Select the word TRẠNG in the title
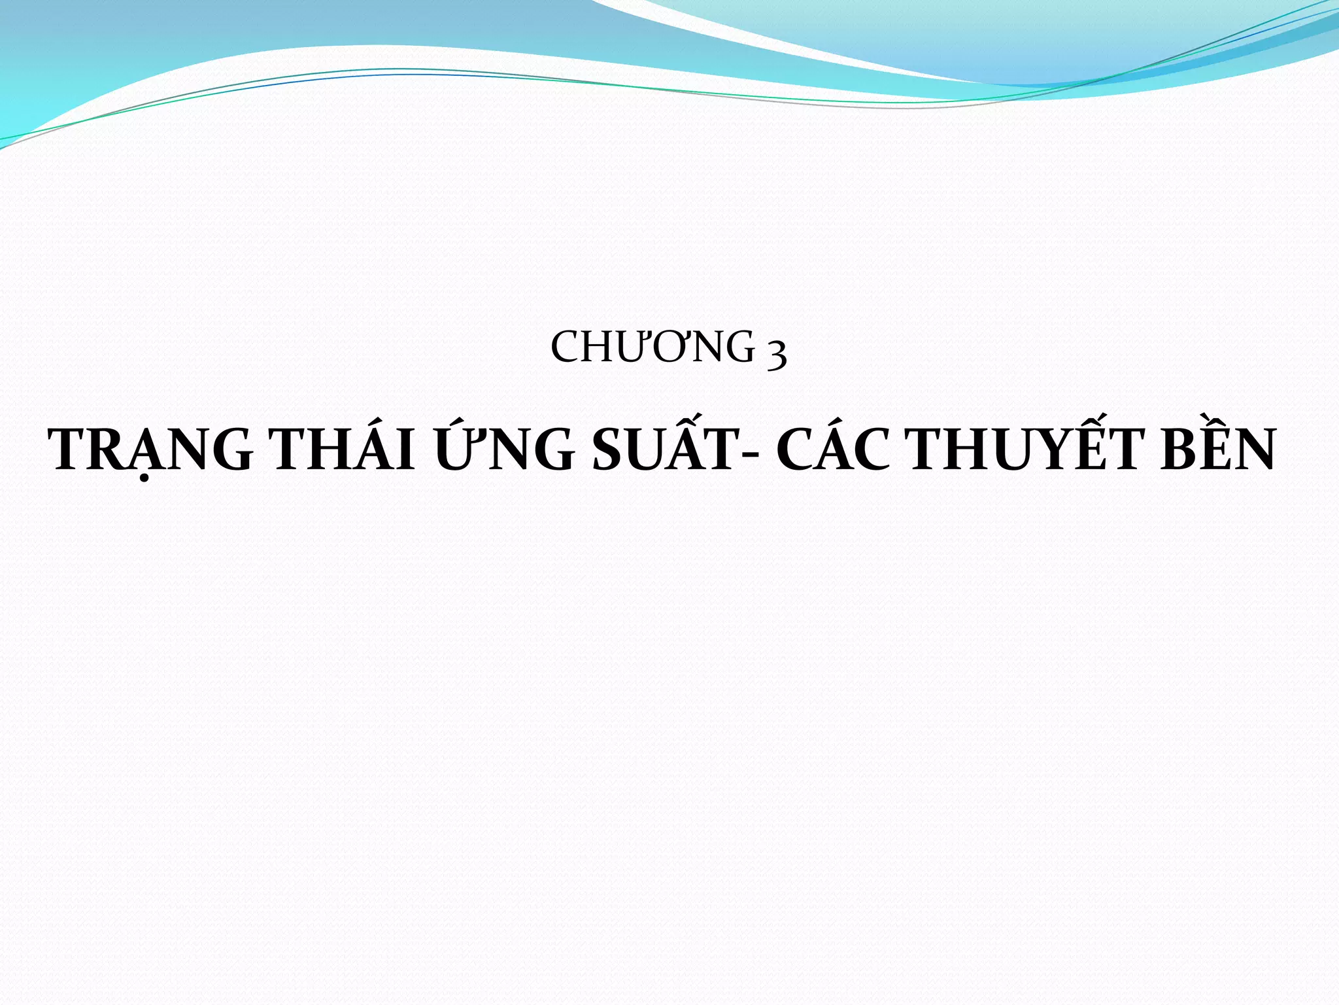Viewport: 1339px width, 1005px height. point(151,450)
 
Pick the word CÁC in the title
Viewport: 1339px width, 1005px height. point(834,450)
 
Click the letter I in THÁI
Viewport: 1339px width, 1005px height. point(405,450)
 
